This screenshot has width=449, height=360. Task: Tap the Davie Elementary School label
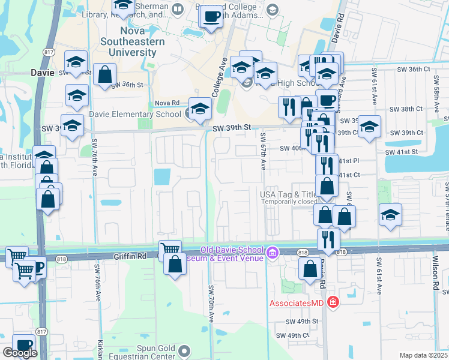click(134, 114)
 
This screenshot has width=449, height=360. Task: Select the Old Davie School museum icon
click(274, 253)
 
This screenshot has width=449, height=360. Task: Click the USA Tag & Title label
click(289, 194)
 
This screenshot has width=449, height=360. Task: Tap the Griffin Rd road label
click(130, 256)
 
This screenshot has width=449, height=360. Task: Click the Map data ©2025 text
click(423, 355)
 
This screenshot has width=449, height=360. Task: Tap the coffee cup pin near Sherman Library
click(210, 16)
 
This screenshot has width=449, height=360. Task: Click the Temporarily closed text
click(289, 202)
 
